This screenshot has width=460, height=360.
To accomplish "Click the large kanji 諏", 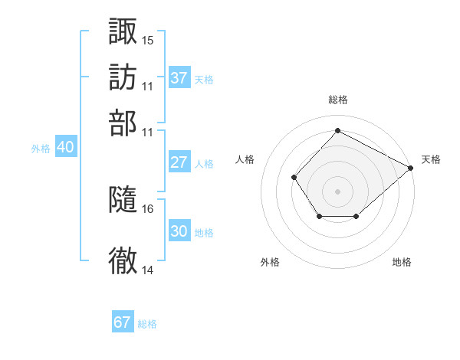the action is [x=123, y=31].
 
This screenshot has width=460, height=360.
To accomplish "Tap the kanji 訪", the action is [x=123, y=77].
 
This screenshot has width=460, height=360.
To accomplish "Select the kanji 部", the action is [x=123, y=123].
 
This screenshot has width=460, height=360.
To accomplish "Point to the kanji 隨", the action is [x=123, y=199].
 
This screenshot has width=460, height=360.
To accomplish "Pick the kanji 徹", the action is [x=123, y=260].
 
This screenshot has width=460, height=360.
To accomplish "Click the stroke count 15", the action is [x=147, y=41].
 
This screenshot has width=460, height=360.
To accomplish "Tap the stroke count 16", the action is [x=147, y=209].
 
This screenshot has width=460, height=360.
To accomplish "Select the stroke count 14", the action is [x=147, y=270].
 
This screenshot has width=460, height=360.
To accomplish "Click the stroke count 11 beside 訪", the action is [x=147, y=87].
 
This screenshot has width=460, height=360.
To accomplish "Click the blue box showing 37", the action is [x=179, y=77].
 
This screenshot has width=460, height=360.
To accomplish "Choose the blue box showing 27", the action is [x=179, y=162].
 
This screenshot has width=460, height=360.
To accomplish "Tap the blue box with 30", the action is [x=179, y=230].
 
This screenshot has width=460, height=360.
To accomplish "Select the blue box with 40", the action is [x=66, y=146].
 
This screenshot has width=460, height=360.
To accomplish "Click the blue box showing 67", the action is [x=123, y=321].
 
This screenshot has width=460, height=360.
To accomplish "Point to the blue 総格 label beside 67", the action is [x=147, y=324].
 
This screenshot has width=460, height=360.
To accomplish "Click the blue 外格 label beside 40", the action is [x=41, y=149].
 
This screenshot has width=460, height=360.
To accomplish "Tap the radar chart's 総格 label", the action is [x=338, y=100].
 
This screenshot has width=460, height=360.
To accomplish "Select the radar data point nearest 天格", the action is [x=411, y=168].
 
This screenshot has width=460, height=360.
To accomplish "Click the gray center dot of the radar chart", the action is [x=337, y=191].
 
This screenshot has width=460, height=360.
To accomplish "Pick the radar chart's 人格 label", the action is [x=245, y=159].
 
